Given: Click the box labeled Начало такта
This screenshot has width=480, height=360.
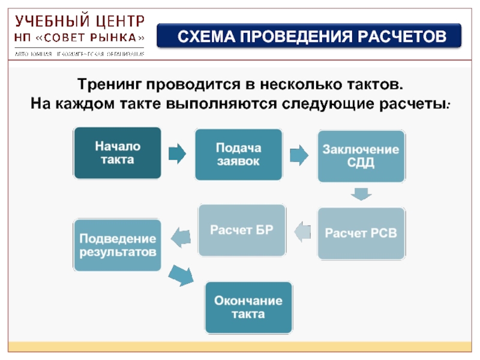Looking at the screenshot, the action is point(117,153).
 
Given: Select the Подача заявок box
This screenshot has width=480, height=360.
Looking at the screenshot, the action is point(238,154).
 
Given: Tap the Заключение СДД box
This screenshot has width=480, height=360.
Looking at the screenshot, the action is point(361,155).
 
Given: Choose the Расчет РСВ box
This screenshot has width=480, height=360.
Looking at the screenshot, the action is point(361,233).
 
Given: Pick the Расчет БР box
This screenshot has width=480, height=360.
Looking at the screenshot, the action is point(242,230).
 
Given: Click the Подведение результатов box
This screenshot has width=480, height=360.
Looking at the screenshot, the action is point(118,245).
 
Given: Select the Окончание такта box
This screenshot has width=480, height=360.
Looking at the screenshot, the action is point(248,307).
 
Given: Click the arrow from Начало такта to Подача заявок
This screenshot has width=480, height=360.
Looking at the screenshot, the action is point(177,154).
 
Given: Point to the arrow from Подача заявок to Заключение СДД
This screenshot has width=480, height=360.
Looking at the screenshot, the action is point(299,155).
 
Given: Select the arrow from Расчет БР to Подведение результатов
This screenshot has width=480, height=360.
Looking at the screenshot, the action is point(181,238).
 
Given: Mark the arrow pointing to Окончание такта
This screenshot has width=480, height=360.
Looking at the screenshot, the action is point(181,276).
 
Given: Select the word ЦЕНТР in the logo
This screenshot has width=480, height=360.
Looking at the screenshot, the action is point(119,22).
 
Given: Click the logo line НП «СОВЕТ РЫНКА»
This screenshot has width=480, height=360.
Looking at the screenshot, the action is point(80,38).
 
